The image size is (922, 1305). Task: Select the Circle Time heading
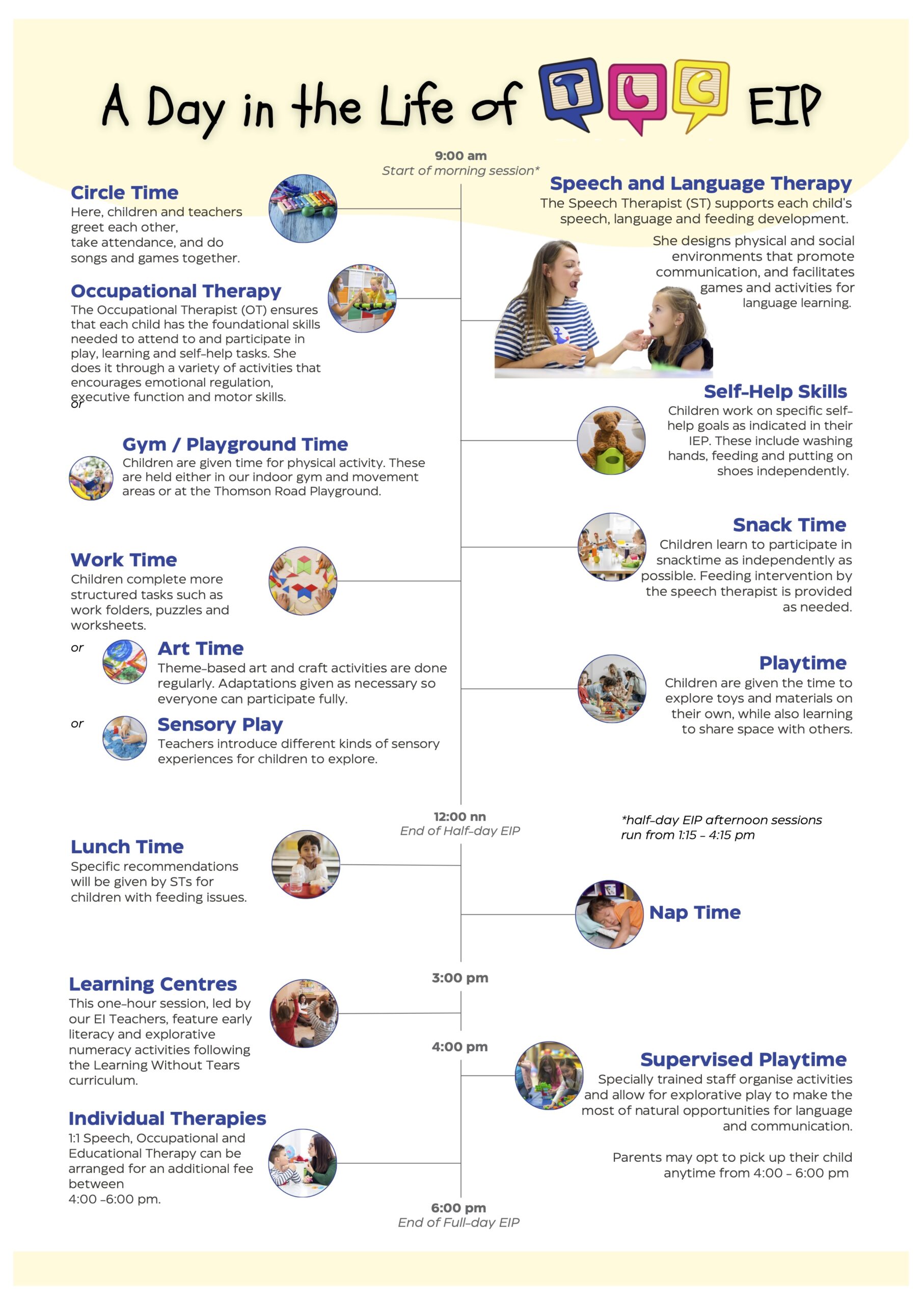tap(124, 193)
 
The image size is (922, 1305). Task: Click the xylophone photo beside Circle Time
tap(303, 208)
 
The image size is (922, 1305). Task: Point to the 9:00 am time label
tap(460, 156)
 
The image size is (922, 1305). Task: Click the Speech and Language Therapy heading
tap(700, 183)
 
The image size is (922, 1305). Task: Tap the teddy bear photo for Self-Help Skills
tap(611, 440)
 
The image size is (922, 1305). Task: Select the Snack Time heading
tap(789, 524)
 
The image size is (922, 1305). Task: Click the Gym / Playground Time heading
tap(235, 444)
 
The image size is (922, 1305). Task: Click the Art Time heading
tap(201, 648)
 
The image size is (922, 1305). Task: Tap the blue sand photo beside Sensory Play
tap(124, 738)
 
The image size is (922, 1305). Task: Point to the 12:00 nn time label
tap(459, 816)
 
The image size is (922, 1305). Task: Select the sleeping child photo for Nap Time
tap(609, 914)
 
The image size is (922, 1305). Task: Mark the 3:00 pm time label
tap(459, 978)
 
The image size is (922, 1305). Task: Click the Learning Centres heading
tap(153, 983)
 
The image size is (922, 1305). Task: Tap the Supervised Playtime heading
tap(743, 1059)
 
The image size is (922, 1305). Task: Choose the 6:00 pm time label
tap(458, 1207)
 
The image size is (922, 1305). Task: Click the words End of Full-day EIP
tap(458, 1222)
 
